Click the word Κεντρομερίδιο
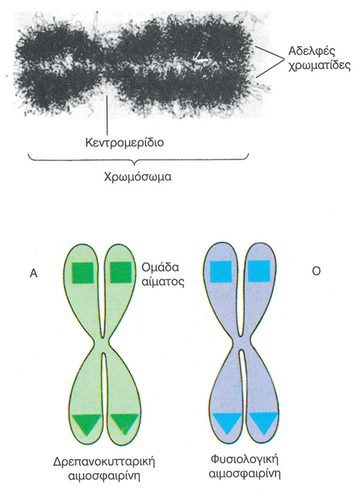[x=124, y=142]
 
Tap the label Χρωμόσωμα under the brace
[x=138, y=176]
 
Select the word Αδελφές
[x=308, y=51]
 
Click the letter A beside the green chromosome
[x=33, y=274]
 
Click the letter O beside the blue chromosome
[x=316, y=272]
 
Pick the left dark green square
[x=83, y=272]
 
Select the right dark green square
[x=121, y=272]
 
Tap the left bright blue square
[x=221, y=272]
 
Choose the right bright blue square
[x=259, y=272]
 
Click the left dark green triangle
[x=86, y=423]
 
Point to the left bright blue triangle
[x=226, y=421]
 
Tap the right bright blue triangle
[x=264, y=420]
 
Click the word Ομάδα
[x=160, y=267]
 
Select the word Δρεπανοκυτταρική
[x=104, y=462]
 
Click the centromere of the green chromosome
[x=102, y=343]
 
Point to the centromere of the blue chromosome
[x=241, y=342]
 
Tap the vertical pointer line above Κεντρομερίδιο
[x=108, y=115]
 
